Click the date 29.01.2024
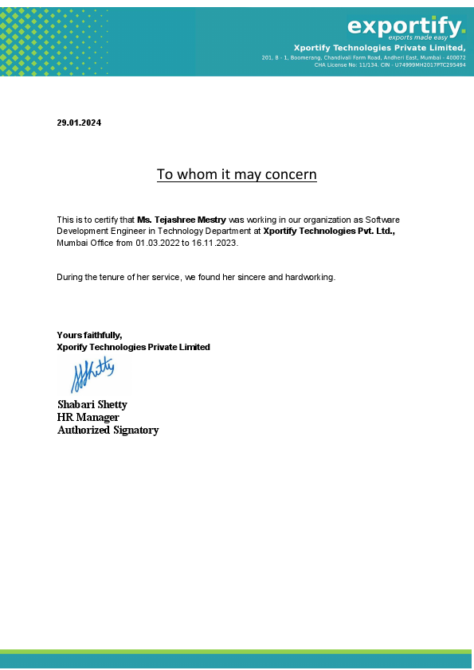(x=79, y=123)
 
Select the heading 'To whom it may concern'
(x=237, y=174)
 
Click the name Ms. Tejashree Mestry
(x=182, y=219)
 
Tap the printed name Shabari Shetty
(x=92, y=404)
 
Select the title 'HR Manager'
(x=88, y=417)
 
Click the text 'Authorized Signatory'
(x=108, y=430)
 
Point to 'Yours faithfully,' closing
(x=89, y=335)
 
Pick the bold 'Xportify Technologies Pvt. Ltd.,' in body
(x=329, y=231)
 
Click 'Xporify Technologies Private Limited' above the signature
(x=133, y=347)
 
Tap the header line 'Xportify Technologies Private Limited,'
(x=379, y=48)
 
